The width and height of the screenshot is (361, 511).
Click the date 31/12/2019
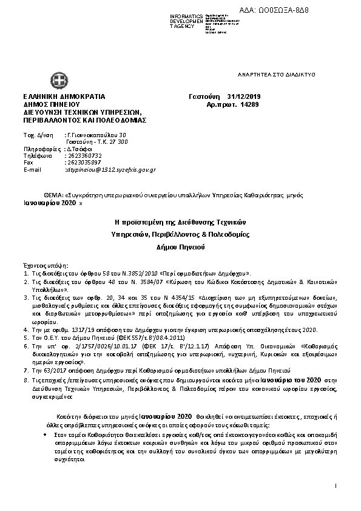pos(243,96)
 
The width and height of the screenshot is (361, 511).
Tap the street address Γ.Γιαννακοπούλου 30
pos(96,134)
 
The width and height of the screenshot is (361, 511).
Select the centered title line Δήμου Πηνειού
pos(180,248)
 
